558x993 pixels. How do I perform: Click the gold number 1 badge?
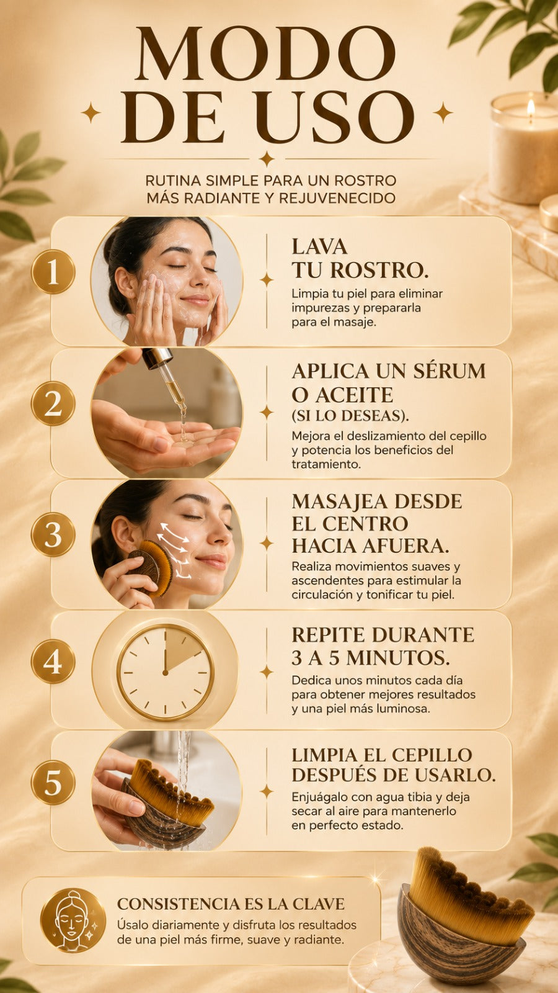(53, 272)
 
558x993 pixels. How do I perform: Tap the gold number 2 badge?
(53, 403)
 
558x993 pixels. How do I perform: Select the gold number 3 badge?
(53, 534)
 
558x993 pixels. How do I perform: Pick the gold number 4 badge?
(53, 662)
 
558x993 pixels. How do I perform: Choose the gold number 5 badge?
(53, 783)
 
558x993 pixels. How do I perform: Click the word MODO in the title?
(266, 54)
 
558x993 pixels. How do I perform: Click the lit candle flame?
(531, 107)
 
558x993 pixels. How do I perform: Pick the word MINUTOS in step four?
(397, 658)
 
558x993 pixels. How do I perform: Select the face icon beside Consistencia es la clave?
(73, 920)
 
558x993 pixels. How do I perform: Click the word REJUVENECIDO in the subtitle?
(337, 198)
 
